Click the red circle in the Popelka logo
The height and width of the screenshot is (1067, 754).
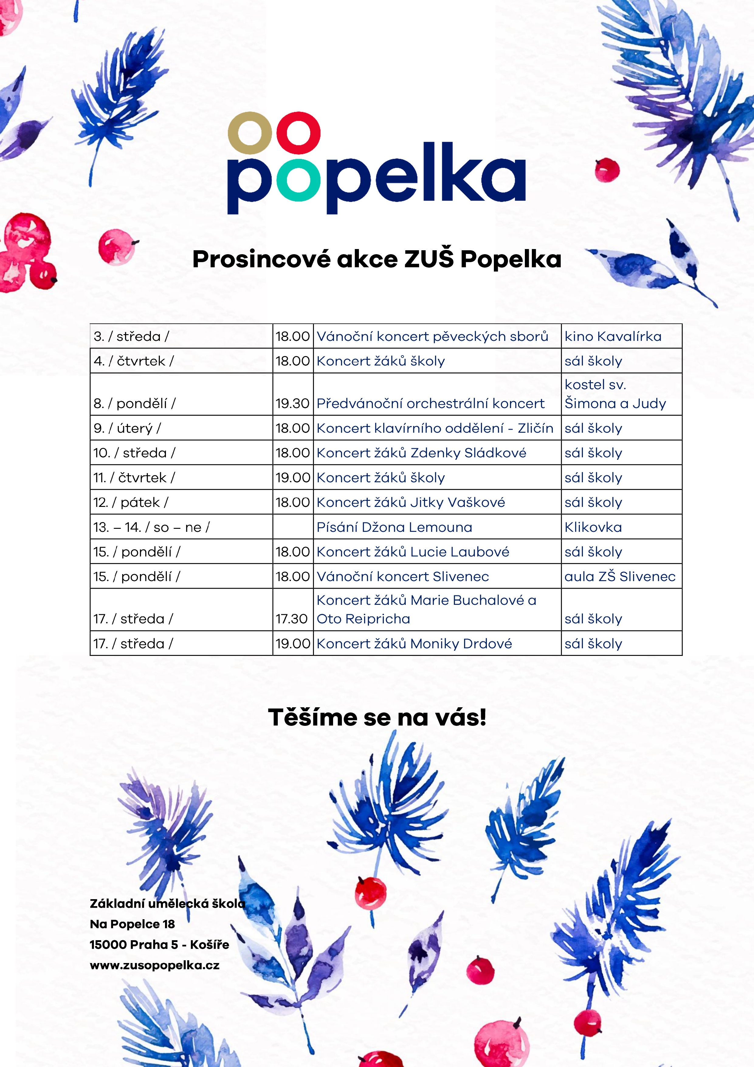click(x=298, y=133)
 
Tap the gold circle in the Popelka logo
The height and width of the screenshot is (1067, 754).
click(x=250, y=133)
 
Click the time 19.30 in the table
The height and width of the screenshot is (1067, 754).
click(x=292, y=404)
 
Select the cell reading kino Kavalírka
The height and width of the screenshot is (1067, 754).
click(x=613, y=336)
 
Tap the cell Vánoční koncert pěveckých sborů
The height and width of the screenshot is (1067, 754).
click(x=432, y=336)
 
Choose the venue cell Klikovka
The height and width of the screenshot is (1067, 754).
click(x=593, y=527)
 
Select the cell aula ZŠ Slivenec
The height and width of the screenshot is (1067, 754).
click(x=620, y=576)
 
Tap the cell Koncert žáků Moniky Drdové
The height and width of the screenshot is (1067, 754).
click(x=414, y=644)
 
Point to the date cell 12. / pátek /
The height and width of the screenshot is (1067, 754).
click(x=131, y=502)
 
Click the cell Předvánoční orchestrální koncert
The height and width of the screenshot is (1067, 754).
click(x=430, y=404)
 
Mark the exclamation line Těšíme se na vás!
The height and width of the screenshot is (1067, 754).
click(x=377, y=718)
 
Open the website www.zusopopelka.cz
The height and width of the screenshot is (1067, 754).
click(x=155, y=965)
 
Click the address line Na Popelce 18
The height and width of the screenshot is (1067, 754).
click(x=133, y=924)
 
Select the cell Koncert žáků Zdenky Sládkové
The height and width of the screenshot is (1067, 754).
click(x=421, y=453)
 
